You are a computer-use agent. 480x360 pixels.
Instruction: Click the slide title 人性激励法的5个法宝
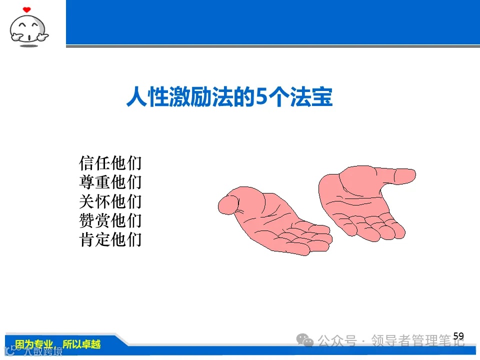click(x=229, y=97)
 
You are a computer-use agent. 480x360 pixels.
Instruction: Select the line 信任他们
click(x=110, y=163)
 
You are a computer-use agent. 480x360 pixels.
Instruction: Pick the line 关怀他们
click(x=110, y=201)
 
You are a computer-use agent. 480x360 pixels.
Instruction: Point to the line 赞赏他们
click(x=110, y=220)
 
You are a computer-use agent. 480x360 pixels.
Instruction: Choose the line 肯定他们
click(x=110, y=239)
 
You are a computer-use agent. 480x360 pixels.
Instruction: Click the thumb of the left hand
click(x=229, y=202)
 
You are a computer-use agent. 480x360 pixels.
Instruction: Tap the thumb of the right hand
click(x=400, y=175)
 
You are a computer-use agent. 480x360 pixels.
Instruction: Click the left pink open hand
click(x=272, y=220)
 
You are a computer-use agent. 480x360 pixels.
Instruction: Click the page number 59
click(x=458, y=336)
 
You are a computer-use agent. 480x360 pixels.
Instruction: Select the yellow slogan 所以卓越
click(x=81, y=344)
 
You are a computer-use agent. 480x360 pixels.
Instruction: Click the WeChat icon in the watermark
click(x=305, y=340)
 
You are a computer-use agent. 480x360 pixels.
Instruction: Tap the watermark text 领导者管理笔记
click(x=418, y=341)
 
